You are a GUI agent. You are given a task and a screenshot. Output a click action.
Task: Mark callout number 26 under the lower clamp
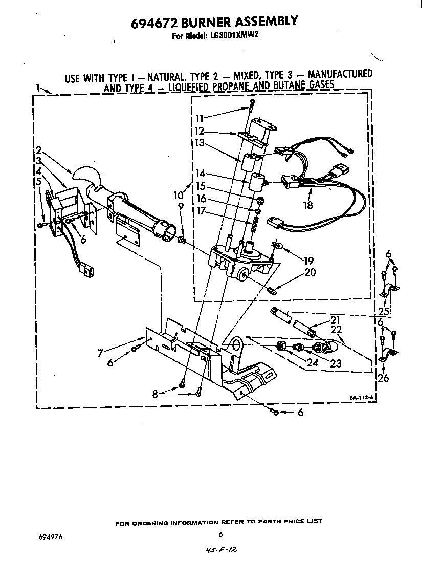(x=383, y=378)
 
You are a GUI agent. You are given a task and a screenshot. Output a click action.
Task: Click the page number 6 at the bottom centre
(x=220, y=535)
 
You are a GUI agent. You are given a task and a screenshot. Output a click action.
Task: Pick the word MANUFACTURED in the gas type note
(x=340, y=74)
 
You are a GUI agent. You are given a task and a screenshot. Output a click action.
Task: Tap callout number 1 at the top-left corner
(x=38, y=88)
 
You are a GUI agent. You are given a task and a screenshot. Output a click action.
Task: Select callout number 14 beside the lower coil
(x=200, y=173)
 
